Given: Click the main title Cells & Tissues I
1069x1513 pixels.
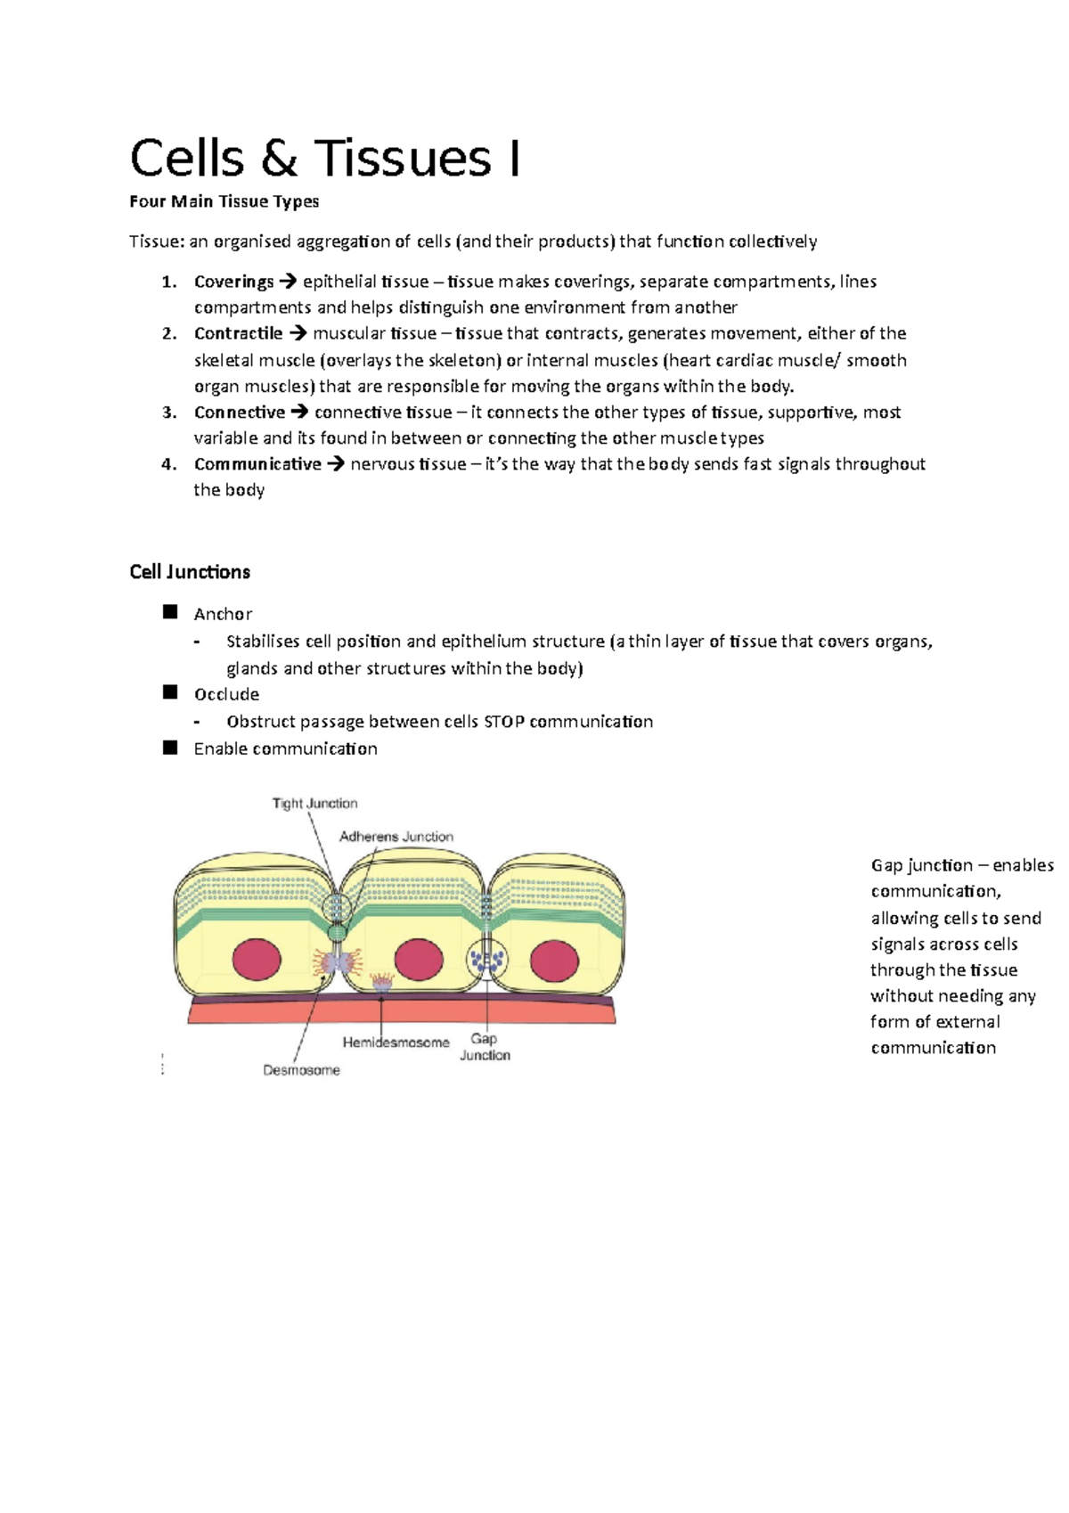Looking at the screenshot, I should point(325,159).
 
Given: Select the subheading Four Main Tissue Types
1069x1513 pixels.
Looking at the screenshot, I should point(224,201).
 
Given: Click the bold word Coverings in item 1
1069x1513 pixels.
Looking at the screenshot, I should point(233,282).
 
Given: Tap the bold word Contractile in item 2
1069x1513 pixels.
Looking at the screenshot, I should point(238,333).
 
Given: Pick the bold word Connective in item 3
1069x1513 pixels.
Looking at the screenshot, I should point(239,412).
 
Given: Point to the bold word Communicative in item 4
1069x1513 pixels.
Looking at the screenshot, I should point(257,463).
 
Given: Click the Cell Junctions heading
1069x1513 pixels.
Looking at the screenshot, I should point(190,572).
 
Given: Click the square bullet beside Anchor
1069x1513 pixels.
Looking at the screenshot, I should point(170,612).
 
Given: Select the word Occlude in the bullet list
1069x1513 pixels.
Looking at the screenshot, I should point(226,694).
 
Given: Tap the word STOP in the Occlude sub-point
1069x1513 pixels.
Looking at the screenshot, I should point(503,721).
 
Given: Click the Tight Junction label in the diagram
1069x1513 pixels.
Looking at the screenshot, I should point(314,803).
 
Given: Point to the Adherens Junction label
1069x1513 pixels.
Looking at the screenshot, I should point(396,837).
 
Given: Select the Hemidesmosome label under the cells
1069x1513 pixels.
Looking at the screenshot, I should point(396,1042).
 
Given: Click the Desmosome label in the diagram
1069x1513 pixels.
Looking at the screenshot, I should point(301,1070).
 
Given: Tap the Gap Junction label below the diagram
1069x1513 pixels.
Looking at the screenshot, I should point(485,1047).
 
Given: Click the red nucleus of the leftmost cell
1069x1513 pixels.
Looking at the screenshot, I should point(257,960).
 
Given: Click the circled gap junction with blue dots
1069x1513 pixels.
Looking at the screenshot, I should point(486,960).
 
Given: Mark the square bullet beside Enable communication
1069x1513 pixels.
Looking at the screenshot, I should point(170,748).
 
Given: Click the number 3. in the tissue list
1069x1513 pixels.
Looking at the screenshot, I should point(169,412).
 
